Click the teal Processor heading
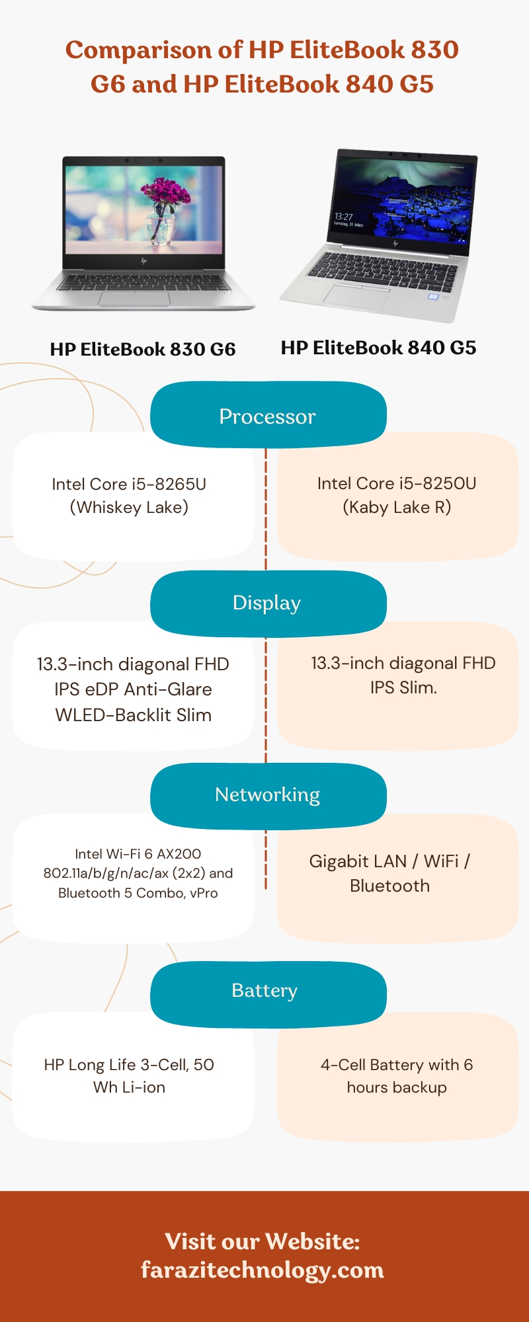(x=267, y=416)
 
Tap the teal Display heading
(x=267, y=603)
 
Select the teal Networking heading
(x=267, y=795)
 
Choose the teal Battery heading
(x=264, y=990)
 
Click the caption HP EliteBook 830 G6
(x=143, y=349)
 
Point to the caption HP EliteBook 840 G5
(x=378, y=348)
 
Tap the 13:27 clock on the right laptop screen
(x=343, y=216)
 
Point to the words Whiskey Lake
(x=129, y=508)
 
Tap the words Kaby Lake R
(x=397, y=508)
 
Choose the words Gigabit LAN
(x=358, y=861)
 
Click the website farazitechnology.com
(x=263, y=1270)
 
